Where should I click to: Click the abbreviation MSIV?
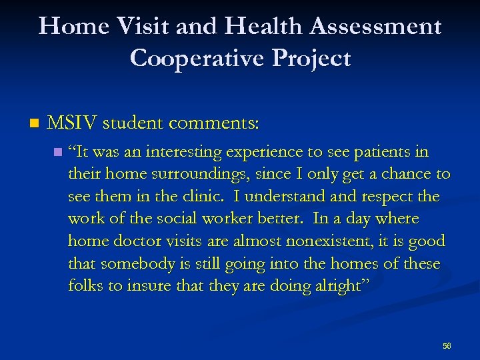click(73, 123)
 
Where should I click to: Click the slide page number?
click(447, 346)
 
